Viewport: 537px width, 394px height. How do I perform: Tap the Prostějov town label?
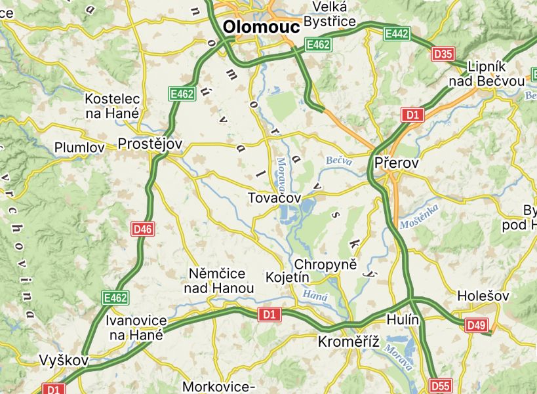[149, 144]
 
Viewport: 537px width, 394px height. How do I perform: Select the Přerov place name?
[396, 163]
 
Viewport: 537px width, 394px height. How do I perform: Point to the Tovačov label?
[274, 197]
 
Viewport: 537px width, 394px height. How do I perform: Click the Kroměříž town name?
[349, 342]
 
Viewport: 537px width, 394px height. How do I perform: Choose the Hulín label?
[403, 319]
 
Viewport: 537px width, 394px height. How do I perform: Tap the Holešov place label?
[484, 296]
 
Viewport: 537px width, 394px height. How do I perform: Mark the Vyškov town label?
[64, 361]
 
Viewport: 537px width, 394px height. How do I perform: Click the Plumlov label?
[80, 148]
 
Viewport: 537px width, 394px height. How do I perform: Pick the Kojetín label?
[287, 277]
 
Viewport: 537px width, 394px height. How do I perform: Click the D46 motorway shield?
[143, 229]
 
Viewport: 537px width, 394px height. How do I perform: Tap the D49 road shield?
[477, 325]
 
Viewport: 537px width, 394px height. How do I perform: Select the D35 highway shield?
[443, 54]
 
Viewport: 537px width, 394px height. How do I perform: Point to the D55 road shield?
[441, 385]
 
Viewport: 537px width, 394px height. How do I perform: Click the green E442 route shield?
[397, 33]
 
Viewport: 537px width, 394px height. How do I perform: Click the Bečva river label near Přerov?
[339, 160]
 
